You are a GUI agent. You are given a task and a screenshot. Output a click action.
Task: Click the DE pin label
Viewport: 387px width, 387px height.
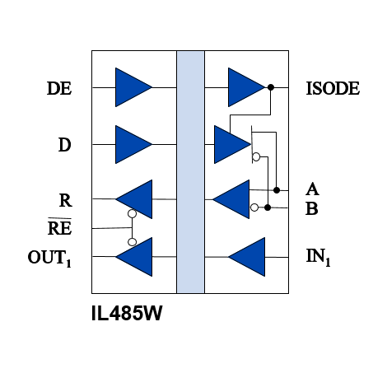(59, 88)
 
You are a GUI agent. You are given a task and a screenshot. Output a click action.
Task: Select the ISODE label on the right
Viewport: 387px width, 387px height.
(333, 88)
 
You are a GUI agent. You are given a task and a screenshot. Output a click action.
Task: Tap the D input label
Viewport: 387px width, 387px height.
(65, 145)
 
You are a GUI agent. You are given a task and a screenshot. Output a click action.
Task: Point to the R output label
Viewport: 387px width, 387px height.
(66, 200)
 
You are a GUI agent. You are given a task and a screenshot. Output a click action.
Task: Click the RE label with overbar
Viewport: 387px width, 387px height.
(59, 226)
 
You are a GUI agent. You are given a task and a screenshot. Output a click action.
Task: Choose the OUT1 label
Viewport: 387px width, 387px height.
(49, 258)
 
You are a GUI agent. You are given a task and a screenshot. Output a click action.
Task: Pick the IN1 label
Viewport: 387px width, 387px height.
(318, 257)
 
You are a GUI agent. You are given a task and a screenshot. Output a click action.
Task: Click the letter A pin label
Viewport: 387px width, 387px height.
(312, 189)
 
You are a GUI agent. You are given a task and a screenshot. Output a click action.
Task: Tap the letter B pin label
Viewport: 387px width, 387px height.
(312, 208)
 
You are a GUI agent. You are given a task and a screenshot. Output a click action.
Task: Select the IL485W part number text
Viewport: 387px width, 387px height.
(127, 313)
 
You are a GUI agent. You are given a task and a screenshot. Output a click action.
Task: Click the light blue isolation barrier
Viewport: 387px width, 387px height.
(190, 172)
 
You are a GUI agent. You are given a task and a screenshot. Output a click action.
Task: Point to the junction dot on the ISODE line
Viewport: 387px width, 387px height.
(271, 87)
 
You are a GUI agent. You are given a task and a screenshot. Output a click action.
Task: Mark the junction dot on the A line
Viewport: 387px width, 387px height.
(277, 190)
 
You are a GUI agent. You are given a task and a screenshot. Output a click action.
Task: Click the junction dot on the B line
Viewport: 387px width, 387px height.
(268, 207)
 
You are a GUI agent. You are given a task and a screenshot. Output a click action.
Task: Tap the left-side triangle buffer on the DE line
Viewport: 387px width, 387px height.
(133, 87)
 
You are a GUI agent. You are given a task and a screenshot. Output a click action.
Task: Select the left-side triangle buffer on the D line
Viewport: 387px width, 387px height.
(133, 144)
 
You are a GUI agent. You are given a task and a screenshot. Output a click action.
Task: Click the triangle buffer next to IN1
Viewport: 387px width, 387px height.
(247, 257)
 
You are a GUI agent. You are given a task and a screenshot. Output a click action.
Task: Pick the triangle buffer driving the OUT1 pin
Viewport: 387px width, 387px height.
(133, 257)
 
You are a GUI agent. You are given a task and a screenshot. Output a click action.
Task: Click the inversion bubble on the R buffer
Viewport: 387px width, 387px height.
(133, 213)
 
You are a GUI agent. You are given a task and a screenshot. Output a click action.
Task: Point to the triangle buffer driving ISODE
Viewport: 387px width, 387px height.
(246, 87)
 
